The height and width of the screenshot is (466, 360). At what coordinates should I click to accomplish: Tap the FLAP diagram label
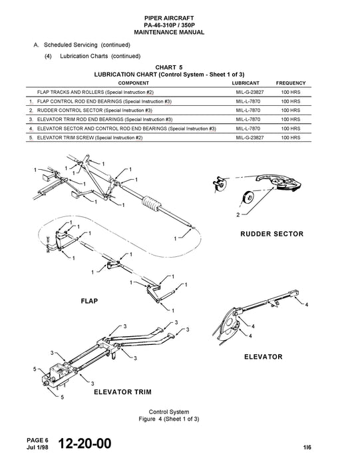click(x=89, y=301)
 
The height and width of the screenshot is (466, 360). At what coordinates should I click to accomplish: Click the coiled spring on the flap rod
click(x=153, y=203)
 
